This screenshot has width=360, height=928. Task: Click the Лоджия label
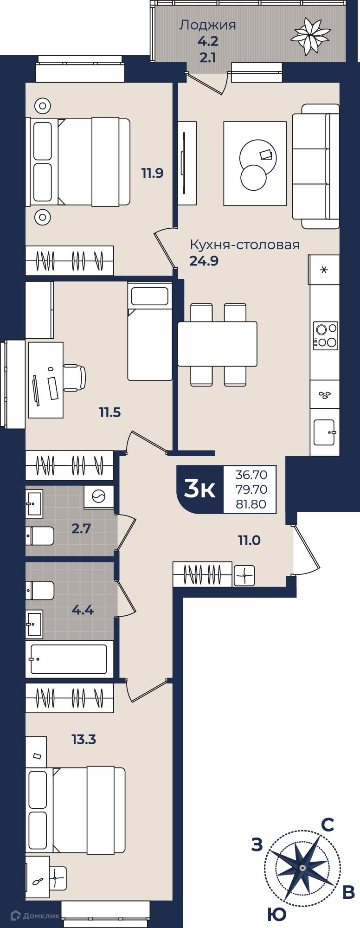point(207,25)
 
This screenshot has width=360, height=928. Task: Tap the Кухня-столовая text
point(245,245)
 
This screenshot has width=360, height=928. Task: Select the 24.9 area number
point(204,261)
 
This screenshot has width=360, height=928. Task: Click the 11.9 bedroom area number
point(153,174)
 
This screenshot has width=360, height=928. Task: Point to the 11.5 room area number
point(110,412)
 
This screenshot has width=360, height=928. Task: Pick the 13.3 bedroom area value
point(84,739)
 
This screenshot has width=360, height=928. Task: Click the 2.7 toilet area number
point(81,528)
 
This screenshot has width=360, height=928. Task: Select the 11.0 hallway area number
point(249,540)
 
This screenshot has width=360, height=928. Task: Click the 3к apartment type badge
point(200,489)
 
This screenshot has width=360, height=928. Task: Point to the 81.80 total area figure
point(251,504)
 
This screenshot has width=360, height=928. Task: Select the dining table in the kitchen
point(218,344)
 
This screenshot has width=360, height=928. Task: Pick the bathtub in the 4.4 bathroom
point(69,659)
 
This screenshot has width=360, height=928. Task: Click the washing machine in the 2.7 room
point(99,497)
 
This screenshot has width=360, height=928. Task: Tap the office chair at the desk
point(74,377)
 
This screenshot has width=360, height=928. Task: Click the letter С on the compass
point(328,825)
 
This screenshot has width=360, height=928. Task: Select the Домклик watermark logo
point(36,915)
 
